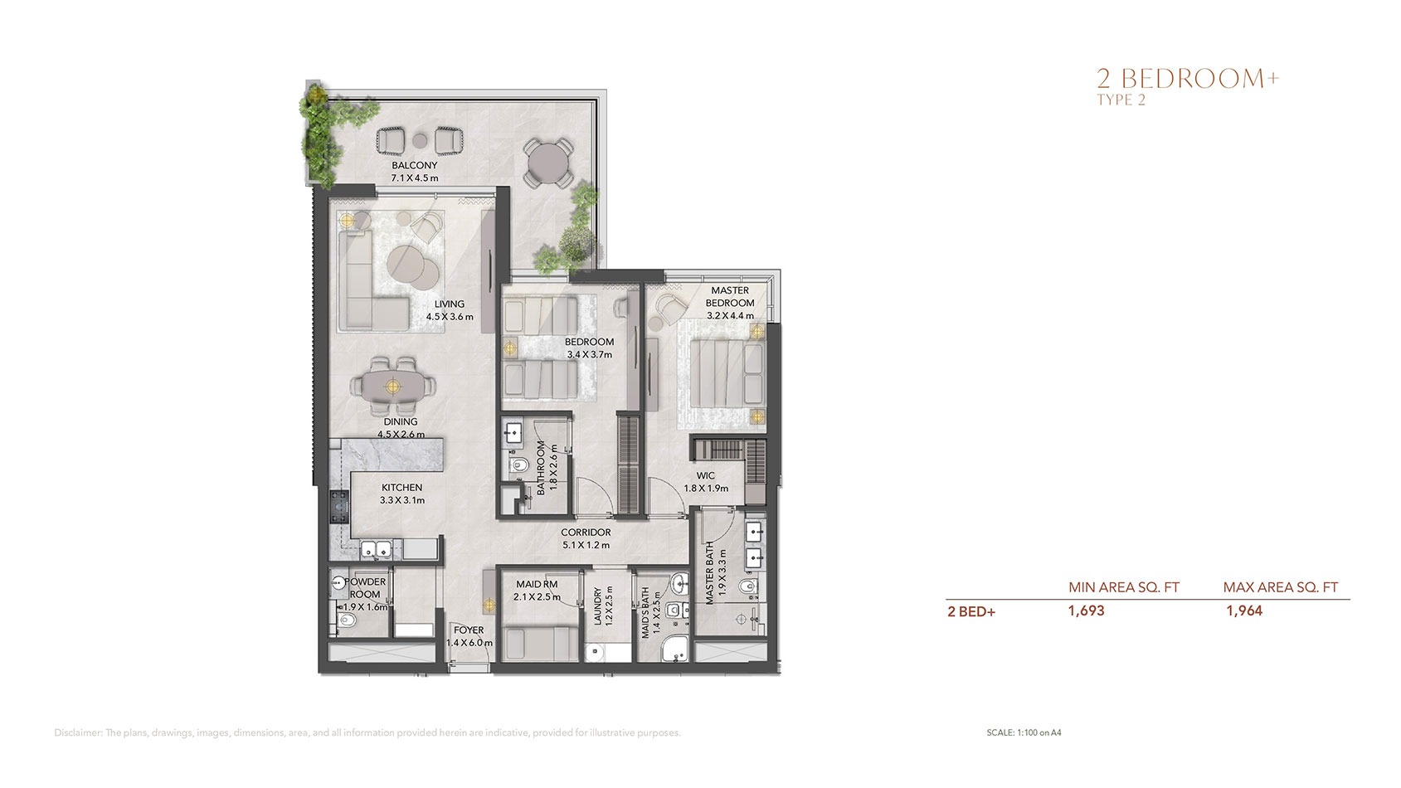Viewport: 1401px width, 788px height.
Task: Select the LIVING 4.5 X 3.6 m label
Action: (x=450, y=310)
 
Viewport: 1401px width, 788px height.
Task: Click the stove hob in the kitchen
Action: (x=338, y=507)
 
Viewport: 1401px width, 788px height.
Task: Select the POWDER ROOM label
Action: (x=365, y=588)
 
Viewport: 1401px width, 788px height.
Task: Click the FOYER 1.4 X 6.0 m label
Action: (x=469, y=636)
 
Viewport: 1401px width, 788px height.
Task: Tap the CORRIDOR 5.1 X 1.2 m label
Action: (x=586, y=538)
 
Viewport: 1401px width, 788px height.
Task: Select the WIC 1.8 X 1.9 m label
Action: (x=706, y=482)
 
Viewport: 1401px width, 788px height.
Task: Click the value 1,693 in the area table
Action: (x=1086, y=611)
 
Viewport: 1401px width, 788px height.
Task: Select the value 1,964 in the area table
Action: (x=1244, y=611)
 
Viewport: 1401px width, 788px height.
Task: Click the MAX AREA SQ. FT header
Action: (x=1280, y=587)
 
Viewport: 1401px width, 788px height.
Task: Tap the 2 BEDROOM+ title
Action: (x=1188, y=79)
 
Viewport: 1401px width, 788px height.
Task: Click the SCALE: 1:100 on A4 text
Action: (x=1024, y=732)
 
